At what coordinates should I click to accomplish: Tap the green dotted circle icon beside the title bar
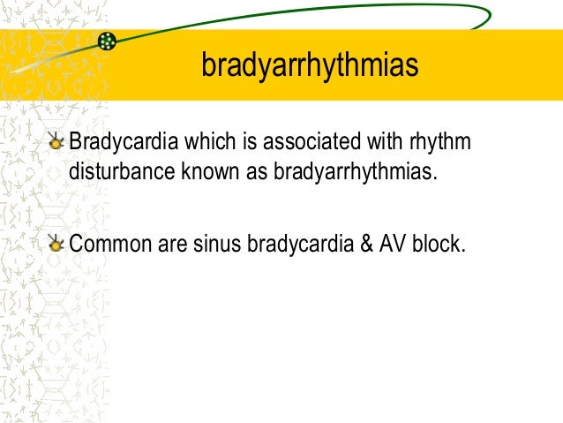[x=107, y=41]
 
